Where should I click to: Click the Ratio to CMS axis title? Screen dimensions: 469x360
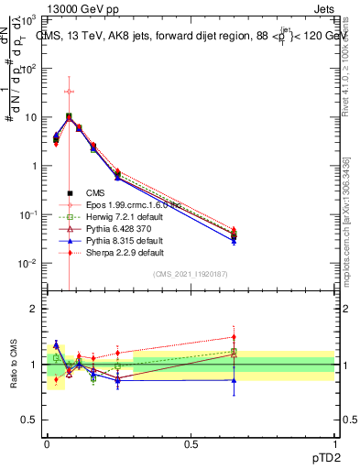[13, 364]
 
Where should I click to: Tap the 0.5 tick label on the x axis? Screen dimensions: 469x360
[191, 442]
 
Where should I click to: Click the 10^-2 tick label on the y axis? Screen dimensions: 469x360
[28, 263]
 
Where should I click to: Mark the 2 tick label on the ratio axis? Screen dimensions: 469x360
[35, 309]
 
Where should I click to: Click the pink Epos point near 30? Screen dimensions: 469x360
[69, 92]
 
